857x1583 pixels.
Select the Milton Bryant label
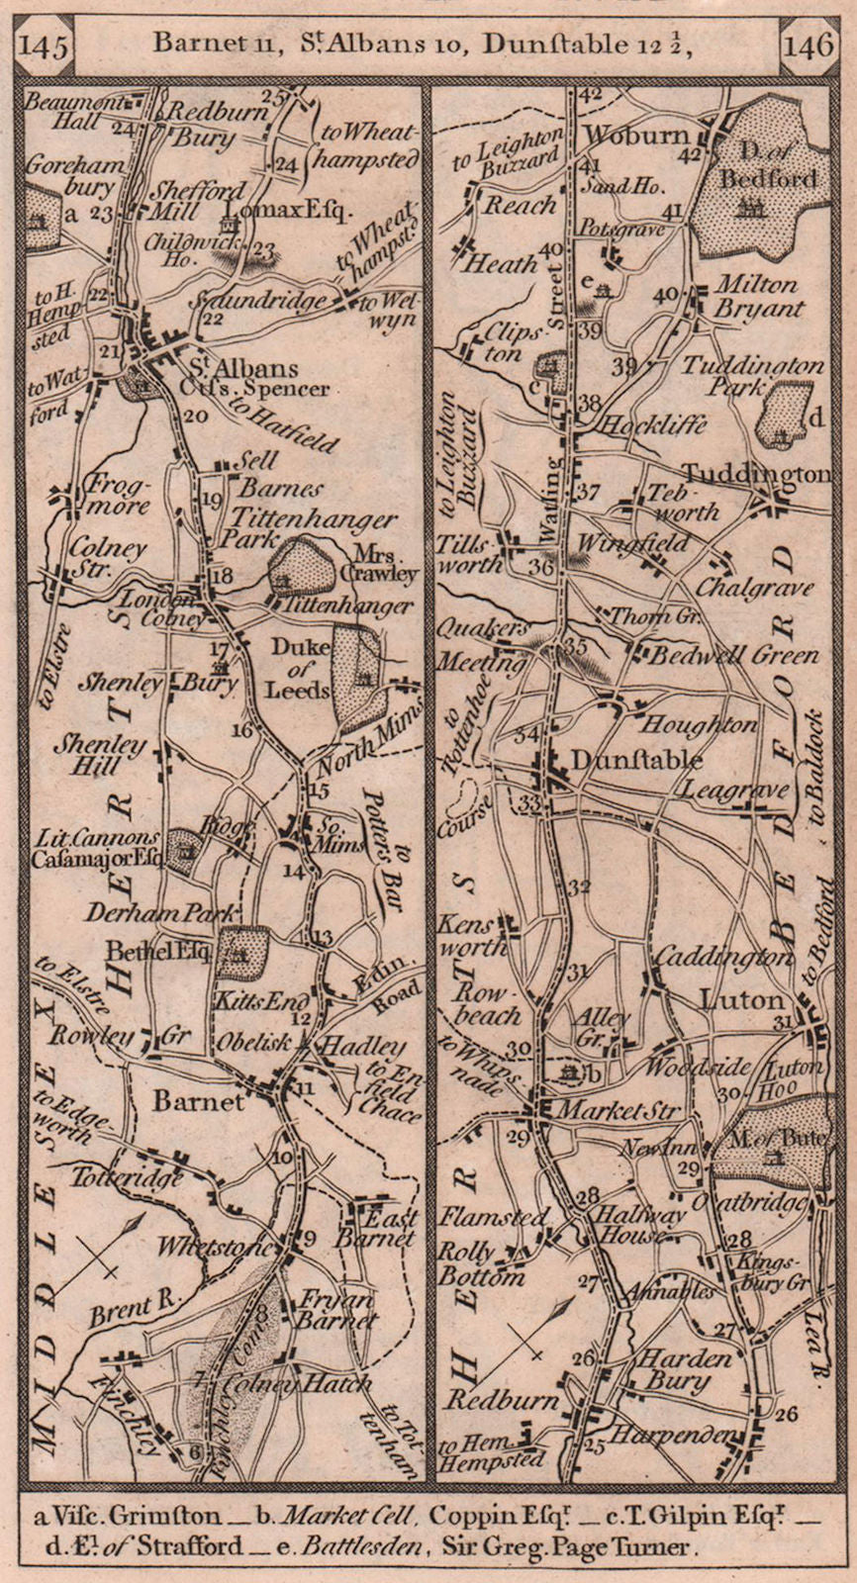coord(757,296)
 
